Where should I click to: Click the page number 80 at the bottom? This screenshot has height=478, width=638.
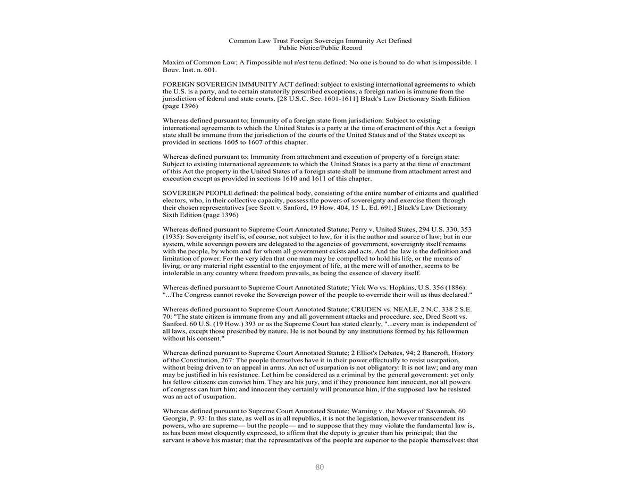coord(320,467)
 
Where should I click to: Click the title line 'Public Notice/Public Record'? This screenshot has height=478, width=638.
coord(320,48)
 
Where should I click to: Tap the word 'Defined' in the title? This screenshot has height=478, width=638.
coord(399,41)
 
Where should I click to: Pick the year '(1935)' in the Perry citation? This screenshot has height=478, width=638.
coord(173,237)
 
